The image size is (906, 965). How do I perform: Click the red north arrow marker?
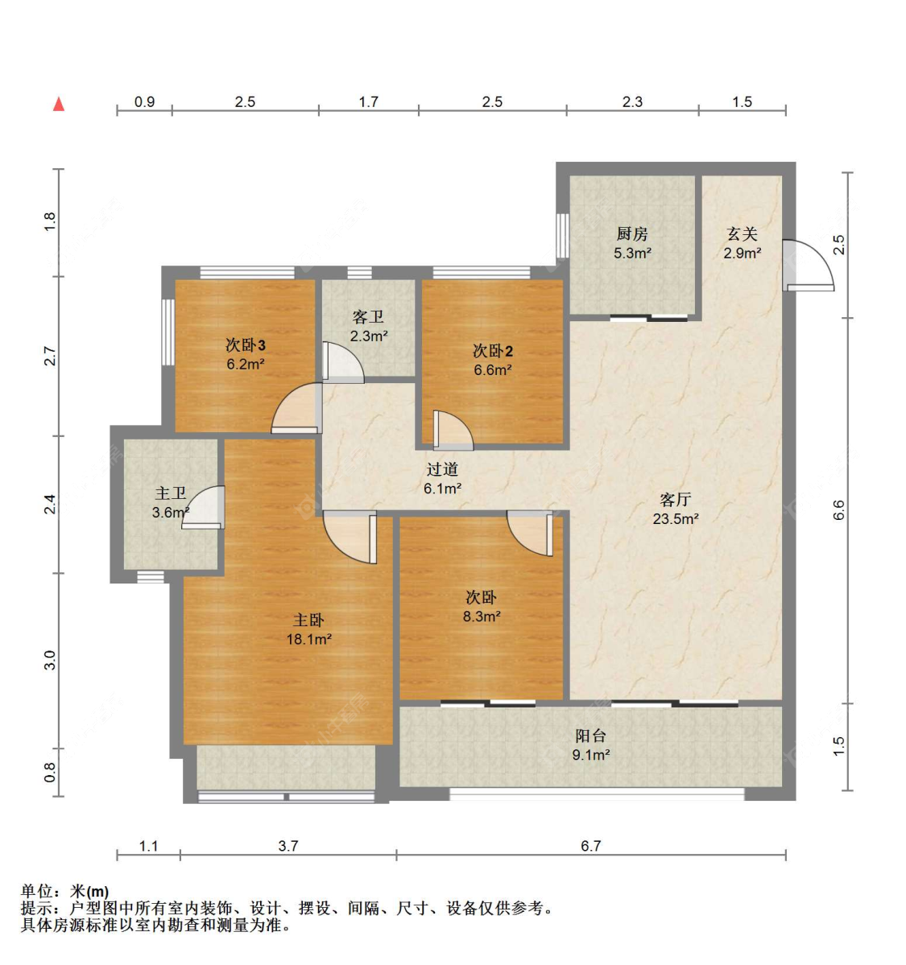59,104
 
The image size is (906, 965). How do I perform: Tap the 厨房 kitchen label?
632,234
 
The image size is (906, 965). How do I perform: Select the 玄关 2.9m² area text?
743,253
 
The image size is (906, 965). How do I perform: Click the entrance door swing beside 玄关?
808,265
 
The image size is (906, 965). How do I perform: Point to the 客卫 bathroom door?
343,364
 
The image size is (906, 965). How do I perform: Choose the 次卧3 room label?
245,344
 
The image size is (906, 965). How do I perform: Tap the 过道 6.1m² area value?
442,489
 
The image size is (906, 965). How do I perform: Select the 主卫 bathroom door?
203,507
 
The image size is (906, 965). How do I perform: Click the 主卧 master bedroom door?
350,538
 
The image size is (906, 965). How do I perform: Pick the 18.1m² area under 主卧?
308,639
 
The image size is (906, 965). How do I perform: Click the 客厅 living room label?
675,499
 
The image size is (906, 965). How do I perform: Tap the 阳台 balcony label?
590,736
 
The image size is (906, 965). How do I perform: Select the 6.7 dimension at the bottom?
590,846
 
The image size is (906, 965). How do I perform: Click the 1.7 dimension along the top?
368,101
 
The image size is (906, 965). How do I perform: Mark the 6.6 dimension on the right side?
839,510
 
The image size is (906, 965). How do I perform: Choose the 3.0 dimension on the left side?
50,660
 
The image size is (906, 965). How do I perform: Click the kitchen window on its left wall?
561,236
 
